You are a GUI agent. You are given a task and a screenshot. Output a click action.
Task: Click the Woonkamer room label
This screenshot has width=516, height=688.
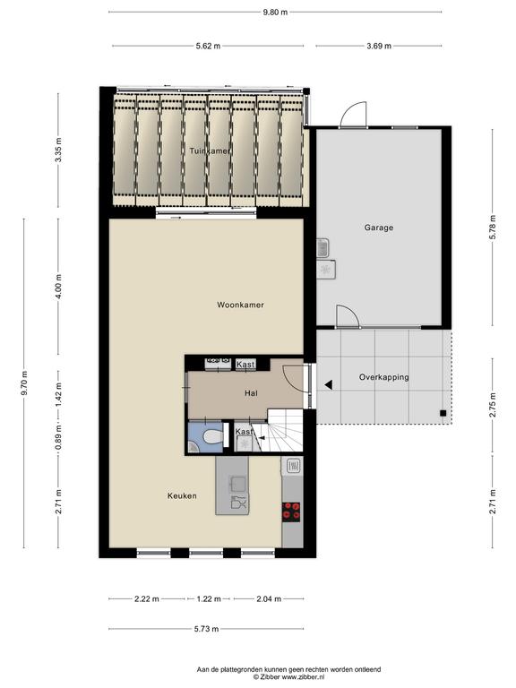[240, 305]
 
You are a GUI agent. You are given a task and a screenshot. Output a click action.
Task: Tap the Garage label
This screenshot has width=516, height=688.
[379, 228]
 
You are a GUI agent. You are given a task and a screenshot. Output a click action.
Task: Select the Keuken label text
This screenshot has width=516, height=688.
[182, 495]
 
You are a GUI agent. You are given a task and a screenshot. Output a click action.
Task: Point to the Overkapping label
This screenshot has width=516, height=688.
[384, 377]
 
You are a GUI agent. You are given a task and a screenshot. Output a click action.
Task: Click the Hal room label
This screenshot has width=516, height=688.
[251, 393]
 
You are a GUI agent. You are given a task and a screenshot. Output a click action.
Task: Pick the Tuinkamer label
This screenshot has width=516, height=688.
[210, 150]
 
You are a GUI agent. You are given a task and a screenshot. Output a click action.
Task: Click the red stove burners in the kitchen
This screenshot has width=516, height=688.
[291, 512]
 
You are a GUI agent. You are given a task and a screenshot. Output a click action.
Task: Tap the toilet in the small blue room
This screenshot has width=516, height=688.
[211, 437]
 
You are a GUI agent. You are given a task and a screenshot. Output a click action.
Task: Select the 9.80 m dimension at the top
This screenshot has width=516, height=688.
[275, 13]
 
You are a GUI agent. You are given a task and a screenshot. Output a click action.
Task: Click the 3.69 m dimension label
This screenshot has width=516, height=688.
[379, 46]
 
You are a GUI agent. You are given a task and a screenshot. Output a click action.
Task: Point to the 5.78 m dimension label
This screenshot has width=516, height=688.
[493, 227]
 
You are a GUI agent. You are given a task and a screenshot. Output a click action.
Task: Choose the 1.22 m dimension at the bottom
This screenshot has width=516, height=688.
[209, 599]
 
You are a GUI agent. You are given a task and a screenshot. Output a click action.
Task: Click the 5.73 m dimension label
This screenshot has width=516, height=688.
[206, 629]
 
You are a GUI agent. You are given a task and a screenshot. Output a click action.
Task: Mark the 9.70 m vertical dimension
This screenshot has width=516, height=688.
[24, 383]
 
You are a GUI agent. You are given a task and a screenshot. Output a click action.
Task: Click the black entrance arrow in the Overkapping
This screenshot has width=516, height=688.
[328, 385]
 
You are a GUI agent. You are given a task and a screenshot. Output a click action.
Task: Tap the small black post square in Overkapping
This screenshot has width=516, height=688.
[443, 413]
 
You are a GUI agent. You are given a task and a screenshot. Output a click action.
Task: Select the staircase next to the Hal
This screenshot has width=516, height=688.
[284, 430]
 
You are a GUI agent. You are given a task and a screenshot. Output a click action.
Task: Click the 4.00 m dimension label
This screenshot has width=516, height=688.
[58, 287]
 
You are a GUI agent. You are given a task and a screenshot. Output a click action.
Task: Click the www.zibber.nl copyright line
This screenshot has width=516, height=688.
[288, 677]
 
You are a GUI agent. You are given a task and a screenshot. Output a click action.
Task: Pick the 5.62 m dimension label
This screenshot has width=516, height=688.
[208, 46]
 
